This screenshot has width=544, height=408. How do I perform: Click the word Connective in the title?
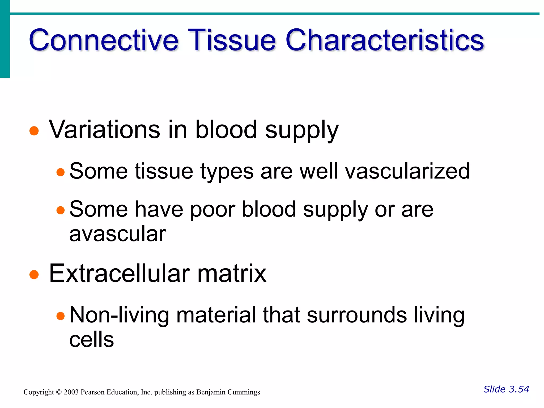104,40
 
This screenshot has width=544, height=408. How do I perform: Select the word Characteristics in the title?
385,40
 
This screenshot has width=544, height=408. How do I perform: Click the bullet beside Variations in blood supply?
34,131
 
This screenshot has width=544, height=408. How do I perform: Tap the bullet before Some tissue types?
61,172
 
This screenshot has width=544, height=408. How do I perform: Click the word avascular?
118,234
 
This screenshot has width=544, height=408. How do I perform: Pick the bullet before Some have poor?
61,210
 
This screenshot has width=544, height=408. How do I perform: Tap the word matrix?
232,273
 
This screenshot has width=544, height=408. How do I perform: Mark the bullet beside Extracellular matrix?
34,274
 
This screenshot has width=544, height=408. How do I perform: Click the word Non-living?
119,315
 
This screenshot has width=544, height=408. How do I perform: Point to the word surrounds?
357,315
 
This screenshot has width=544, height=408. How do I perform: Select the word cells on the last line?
91,340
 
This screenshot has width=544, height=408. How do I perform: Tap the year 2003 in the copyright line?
71,392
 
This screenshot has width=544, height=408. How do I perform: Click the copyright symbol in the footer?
59,392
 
